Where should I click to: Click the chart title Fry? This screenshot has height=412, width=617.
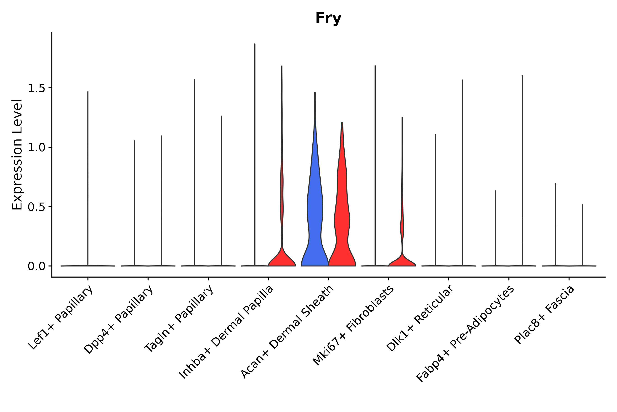[x=328, y=18]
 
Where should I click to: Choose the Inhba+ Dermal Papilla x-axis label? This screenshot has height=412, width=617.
[x=226, y=332]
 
